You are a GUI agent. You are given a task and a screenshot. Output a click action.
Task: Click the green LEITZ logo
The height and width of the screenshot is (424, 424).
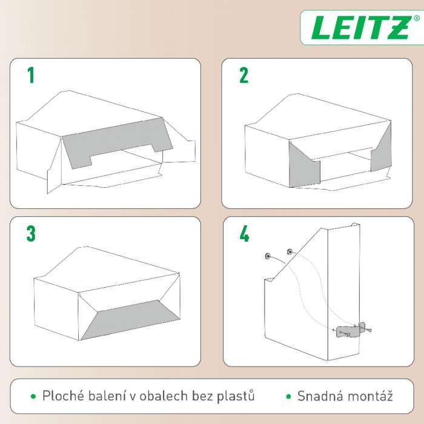(362, 28)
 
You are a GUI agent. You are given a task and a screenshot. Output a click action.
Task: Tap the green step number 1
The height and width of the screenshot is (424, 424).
(31, 75)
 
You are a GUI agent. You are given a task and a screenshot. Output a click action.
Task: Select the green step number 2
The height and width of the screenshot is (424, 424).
(243, 75)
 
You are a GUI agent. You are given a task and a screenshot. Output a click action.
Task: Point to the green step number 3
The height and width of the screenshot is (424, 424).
(31, 233)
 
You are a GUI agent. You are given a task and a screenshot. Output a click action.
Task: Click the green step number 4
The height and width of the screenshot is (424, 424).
(244, 234)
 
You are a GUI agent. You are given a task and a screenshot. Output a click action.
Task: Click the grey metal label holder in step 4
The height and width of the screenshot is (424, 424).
(349, 331)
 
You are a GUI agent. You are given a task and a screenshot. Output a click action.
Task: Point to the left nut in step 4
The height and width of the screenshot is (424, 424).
(268, 256)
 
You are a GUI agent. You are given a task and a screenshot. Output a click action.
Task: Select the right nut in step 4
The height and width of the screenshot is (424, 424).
(290, 252)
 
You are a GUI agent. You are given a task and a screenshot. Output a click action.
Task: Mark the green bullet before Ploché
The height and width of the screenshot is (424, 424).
(33, 397)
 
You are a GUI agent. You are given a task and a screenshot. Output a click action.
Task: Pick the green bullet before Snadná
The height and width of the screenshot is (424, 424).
(288, 397)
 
